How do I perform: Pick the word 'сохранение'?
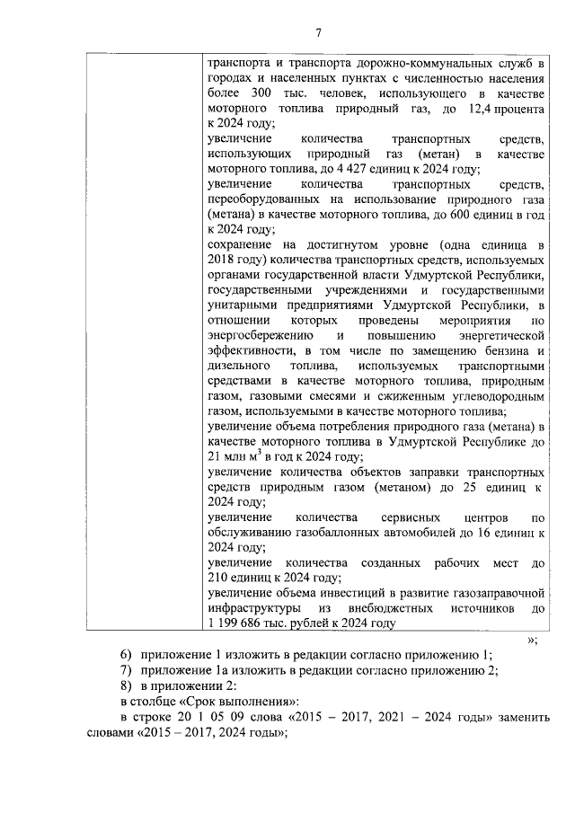235,245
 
